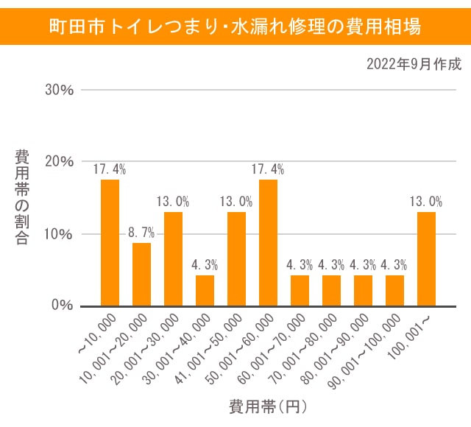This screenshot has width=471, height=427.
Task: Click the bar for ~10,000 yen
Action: click(x=110, y=242)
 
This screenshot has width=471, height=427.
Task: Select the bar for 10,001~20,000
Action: click(x=142, y=274)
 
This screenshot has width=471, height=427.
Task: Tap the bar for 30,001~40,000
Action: click(x=205, y=290)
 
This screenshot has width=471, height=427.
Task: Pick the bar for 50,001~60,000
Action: click(x=269, y=242)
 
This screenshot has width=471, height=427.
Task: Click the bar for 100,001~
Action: click(x=426, y=258)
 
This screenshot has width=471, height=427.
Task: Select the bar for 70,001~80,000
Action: click(x=332, y=290)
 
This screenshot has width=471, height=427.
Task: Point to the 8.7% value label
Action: click(x=141, y=232)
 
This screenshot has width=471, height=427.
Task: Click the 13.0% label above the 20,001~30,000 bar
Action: click(x=173, y=201)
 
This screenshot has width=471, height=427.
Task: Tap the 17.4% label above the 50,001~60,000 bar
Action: click(x=268, y=169)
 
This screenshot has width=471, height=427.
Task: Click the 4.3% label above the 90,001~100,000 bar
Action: click(x=394, y=264)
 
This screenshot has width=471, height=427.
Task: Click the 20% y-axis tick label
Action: click(x=60, y=162)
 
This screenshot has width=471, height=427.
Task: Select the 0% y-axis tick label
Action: click(x=63, y=305)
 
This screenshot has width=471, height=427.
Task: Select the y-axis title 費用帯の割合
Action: click(x=22, y=197)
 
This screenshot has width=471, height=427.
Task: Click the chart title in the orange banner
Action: click(x=235, y=27)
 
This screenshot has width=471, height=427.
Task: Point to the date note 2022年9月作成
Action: click(x=414, y=65)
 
